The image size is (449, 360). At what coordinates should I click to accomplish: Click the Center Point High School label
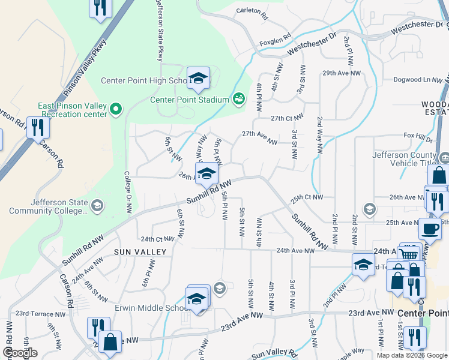[x=144, y=81]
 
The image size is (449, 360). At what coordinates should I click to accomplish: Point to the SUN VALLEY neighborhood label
[x=136, y=253]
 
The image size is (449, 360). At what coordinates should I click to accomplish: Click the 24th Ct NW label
[x=157, y=239]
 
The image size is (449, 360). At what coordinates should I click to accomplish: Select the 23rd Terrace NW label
[x=40, y=314]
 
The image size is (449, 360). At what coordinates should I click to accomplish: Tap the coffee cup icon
[x=429, y=229]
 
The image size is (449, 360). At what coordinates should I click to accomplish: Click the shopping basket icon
[x=409, y=254]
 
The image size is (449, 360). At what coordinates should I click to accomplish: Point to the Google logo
[x=20, y=353]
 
